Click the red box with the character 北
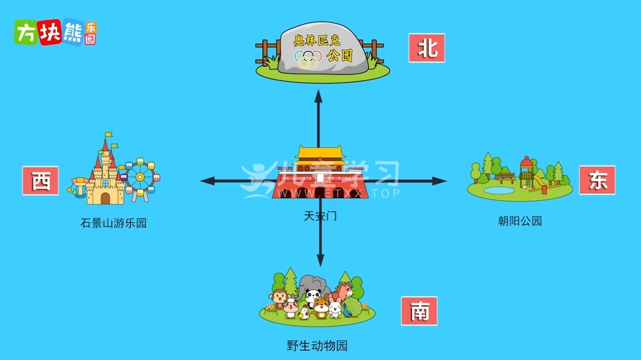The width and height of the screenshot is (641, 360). pyautogui.click(x=427, y=48)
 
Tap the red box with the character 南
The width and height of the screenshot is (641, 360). pyautogui.click(x=419, y=311)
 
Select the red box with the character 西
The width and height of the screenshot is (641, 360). pyautogui.click(x=41, y=181)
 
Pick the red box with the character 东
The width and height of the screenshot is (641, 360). pyautogui.click(x=597, y=180)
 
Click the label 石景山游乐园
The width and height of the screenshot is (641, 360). pyautogui.click(x=113, y=223)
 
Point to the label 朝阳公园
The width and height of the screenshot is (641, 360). pyautogui.click(x=519, y=221)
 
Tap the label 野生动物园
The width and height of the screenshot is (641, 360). pyautogui.click(x=317, y=346)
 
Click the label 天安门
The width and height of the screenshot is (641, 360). pyautogui.click(x=320, y=216)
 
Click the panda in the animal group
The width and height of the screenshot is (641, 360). pyautogui.click(x=312, y=296)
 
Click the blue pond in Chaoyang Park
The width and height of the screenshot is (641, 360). pyautogui.click(x=498, y=190)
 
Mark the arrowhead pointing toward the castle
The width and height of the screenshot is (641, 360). pyautogui.click(x=205, y=181)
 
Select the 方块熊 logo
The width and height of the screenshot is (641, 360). pyautogui.click(x=55, y=33)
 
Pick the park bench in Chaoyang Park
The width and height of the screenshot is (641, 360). pyautogui.click(x=507, y=177)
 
